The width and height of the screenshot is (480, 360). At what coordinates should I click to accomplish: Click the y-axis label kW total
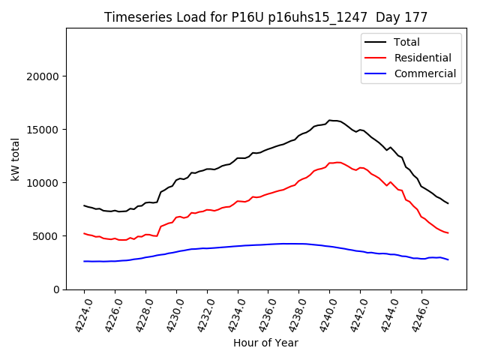(x=16, y=158)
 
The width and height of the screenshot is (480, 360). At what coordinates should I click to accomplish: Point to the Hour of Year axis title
(x=265, y=343)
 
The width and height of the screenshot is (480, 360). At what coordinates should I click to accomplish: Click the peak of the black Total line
(x=330, y=120)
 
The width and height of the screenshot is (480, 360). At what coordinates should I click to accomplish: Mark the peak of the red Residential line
(x=338, y=162)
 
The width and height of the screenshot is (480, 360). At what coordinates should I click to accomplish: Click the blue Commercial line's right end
(x=448, y=259)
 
